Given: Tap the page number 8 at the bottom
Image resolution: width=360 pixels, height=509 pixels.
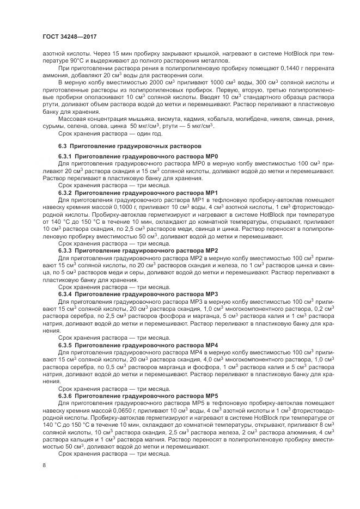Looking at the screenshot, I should pos(44,464).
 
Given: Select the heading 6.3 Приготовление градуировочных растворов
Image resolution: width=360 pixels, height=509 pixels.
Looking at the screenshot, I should pos(130,147).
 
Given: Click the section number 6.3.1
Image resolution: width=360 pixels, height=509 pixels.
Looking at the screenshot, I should pos(65,157).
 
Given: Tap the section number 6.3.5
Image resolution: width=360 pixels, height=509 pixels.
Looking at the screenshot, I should pos(65,345).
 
